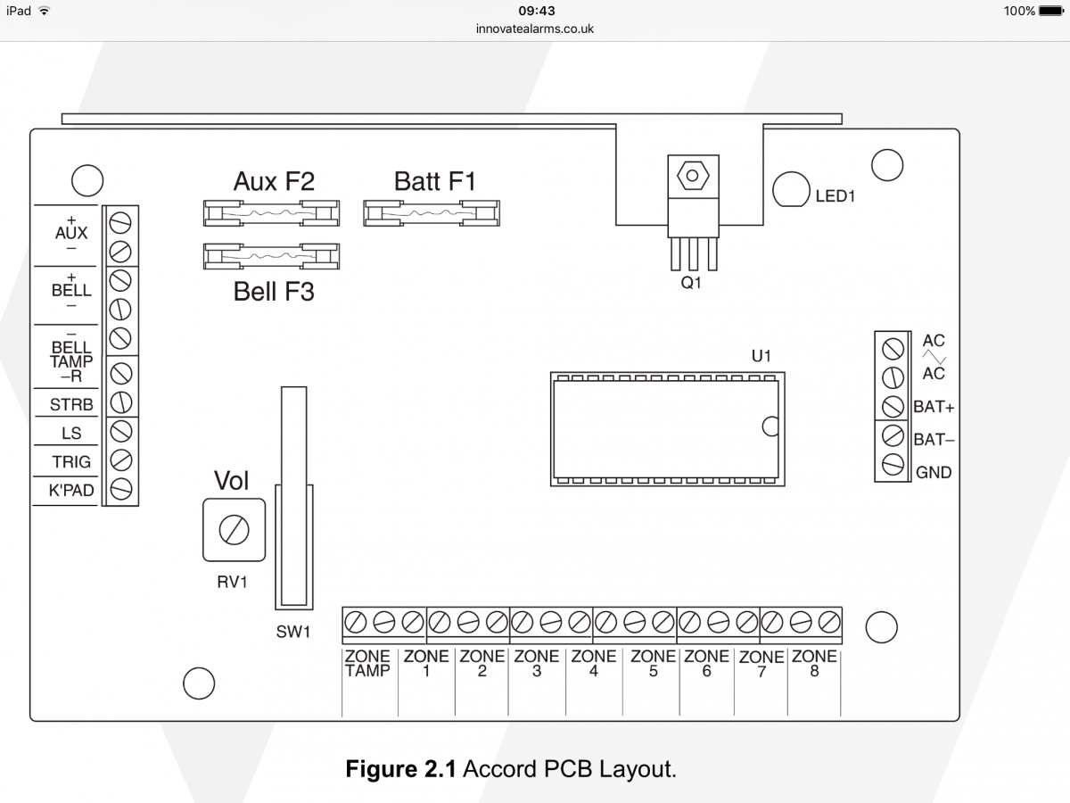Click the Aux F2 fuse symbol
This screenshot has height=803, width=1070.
coord(272,213)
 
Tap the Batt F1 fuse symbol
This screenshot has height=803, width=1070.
coord(432,213)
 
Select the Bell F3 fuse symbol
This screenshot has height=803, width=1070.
coord(272,256)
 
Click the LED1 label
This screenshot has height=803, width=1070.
coord(835,196)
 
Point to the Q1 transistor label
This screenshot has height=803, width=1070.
coord(691,282)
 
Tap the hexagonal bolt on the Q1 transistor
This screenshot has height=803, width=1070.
coord(692,176)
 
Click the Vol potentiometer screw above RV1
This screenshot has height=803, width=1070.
coord(234,530)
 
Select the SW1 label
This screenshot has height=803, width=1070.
coord(293,632)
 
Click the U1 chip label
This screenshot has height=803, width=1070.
coord(761,356)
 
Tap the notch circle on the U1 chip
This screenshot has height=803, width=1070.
coord(770,426)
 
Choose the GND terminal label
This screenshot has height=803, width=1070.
coord(934,472)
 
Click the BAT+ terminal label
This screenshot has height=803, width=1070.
coord(934,407)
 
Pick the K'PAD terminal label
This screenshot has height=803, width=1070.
coord(71,490)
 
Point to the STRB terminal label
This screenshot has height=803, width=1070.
coord(71,404)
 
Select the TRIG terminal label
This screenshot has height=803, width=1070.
coord(71,461)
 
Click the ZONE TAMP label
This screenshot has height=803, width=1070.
coord(367,664)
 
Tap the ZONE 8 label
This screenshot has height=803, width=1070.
coord(814,664)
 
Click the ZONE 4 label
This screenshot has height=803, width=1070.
coord(594,664)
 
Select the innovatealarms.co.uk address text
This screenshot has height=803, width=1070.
coord(535,29)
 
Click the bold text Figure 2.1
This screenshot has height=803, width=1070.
coord(400,769)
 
